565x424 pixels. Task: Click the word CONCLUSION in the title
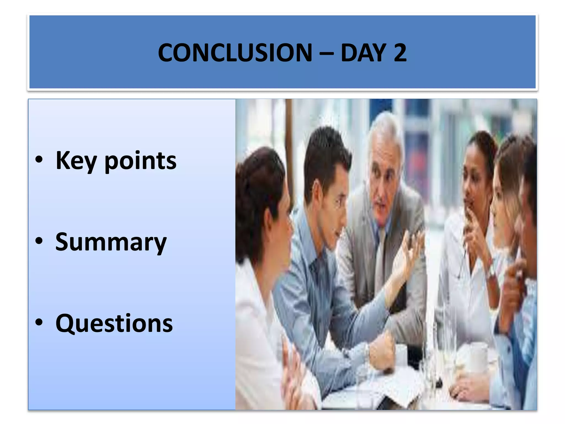pyautogui.click(x=235, y=53)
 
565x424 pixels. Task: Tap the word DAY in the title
pyautogui.click(x=363, y=53)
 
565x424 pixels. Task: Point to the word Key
pyautogui.click(x=76, y=161)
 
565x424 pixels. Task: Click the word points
pyautogui.click(x=140, y=161)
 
